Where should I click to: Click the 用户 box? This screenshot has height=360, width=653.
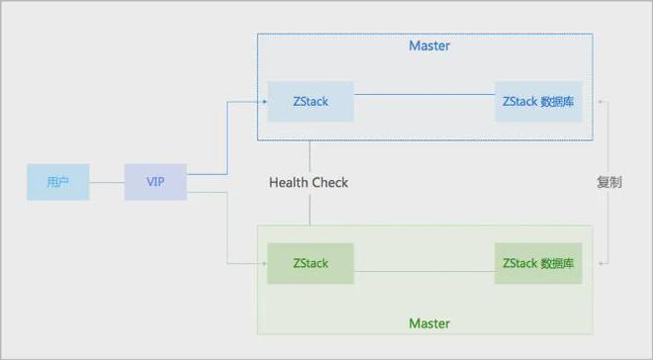(x=58, y=182)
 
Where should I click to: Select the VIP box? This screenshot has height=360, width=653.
(x=155, y=182)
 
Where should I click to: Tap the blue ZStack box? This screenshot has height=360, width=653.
(x=311, y=101)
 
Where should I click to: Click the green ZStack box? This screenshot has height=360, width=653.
(x=311, y=264)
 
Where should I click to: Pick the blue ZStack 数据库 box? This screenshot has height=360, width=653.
(x=539, y=101)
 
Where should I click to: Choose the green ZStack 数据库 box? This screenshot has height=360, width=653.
(x=539, y=264)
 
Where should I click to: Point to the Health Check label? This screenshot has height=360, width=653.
(x=309, y=182)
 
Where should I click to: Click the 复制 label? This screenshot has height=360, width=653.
(x=609, y=182)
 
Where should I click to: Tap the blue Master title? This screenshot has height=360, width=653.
(x=429, y=46)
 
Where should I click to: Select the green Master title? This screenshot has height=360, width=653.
(x=429, y=323)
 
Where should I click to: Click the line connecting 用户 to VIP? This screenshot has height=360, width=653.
(x=107, y=182)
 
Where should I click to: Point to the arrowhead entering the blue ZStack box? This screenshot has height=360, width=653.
(x=264, y=101)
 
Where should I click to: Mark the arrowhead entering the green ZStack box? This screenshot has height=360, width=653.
(x=264, y=264)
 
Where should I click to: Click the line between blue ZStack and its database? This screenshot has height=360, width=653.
(x=425, y=95)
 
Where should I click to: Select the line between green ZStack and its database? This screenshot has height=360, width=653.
(x=425, y=271)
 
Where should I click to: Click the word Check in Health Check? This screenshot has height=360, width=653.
(x=330, y=182)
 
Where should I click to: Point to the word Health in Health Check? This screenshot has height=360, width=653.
(x=289, y=182)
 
